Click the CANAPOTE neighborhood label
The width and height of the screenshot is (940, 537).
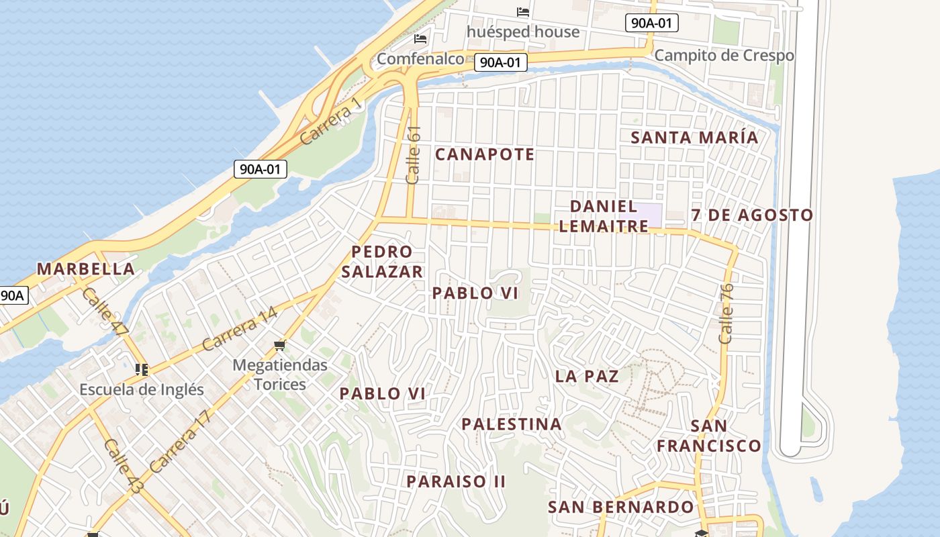(485, 154)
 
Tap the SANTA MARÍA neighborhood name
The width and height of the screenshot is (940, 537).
(694, 138)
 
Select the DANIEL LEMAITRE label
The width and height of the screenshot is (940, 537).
(604, 216)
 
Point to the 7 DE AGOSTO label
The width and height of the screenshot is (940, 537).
(752, 215)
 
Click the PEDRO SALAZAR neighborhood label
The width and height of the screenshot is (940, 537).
(382, 262)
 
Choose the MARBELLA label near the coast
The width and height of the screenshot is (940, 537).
(86, 269)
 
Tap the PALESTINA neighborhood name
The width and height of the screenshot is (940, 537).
(512, 424)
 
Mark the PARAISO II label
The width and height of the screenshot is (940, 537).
(456, 481)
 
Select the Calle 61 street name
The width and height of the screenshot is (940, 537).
(414, 155)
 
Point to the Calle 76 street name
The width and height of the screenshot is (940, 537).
(726, 313)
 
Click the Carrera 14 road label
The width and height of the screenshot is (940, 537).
(240, 328)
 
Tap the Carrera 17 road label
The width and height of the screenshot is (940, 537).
(180, 441)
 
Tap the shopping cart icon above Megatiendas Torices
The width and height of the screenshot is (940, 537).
(280, 346)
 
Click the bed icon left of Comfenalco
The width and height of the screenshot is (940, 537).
(420, 39)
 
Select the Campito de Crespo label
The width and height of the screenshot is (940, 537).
(724, 56)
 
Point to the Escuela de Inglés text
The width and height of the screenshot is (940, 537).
(141, 389)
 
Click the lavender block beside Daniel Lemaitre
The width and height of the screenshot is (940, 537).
(648, 215)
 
